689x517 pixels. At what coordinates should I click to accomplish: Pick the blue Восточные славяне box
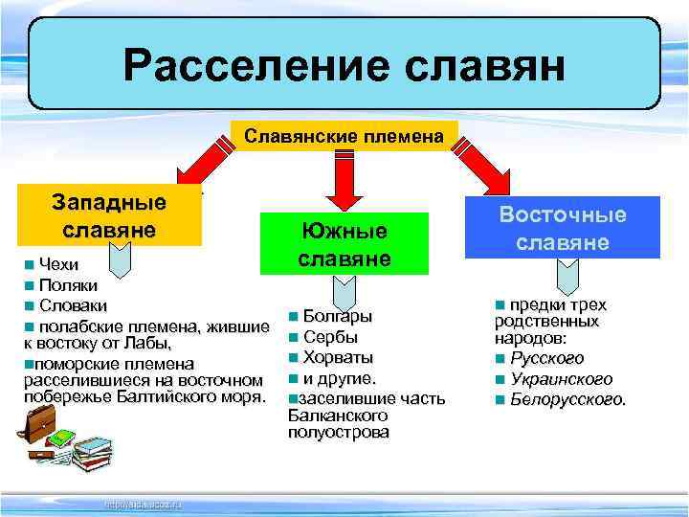(564, 227)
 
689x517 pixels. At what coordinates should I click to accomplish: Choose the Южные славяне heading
(344, 244)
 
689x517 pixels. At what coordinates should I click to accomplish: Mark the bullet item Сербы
(330, 337)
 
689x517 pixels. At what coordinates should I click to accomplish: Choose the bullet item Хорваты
(338, 357)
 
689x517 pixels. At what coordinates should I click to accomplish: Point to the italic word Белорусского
(568, 398)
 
